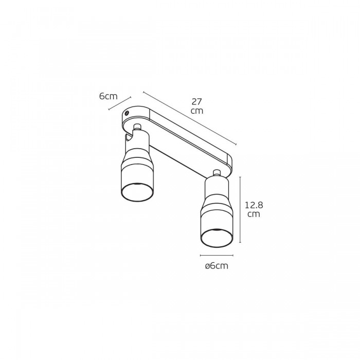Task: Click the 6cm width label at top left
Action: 108,96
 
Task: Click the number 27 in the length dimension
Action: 197,101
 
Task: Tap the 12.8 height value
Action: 254,205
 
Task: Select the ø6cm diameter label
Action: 217,266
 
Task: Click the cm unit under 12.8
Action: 254,214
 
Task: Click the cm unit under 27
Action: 197,111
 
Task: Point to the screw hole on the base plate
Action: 127,113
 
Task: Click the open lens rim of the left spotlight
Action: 137,192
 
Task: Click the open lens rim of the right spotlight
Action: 217,238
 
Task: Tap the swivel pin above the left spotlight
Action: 137,127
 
